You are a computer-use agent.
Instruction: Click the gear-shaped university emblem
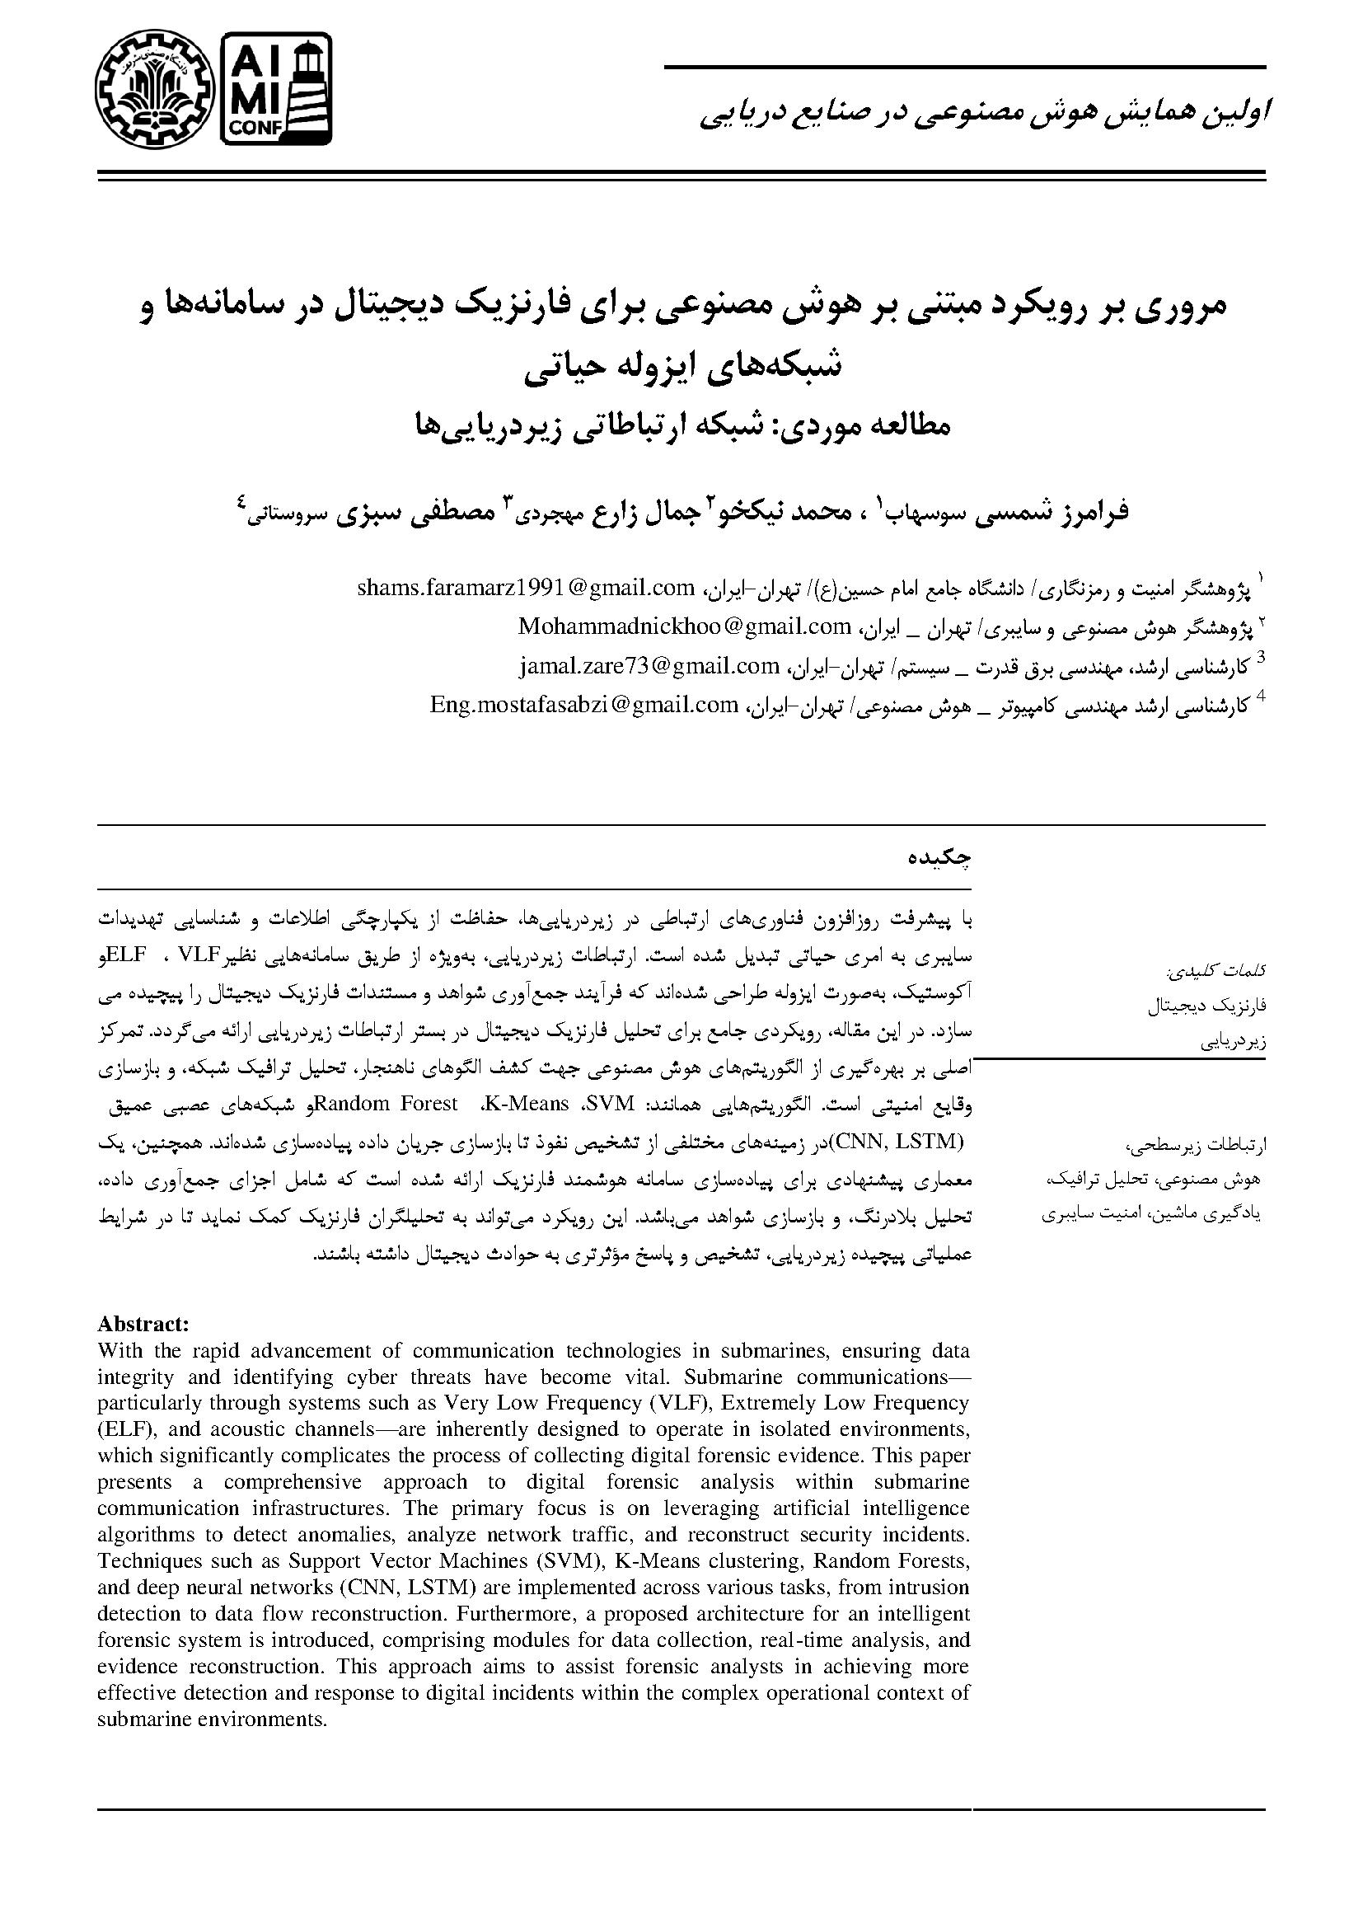153,87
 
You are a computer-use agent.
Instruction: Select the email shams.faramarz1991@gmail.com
527,588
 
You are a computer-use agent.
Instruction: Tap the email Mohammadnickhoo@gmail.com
685,626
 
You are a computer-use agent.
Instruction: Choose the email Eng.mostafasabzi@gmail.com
583,705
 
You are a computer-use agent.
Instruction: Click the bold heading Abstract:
143,1325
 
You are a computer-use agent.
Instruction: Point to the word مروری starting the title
1178,306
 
